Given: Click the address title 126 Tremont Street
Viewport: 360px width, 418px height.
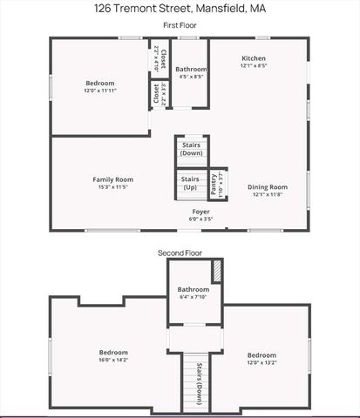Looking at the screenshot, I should pyautogui.click(x=180, y=9).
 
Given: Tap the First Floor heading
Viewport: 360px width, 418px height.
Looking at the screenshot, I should pyautogui.click(x=180, y=26).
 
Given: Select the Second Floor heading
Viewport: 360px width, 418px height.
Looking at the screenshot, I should pyautogui.click(x=180, y=253).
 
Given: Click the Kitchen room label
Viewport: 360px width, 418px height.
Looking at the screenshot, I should pyautogui.click(x=254, y=58).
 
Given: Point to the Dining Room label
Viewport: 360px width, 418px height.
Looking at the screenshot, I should pyautogui.click(x=267, y=186).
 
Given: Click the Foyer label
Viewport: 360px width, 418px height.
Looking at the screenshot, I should pyautogui.click(x=201, y=211).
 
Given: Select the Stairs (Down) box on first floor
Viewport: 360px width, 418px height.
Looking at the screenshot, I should pyautogui.click(x=192, y=149).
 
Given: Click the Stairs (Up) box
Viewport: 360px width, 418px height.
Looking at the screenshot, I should pyautogui.click(x=190, y=183).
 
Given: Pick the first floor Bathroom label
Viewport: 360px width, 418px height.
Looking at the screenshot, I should pyautogui.click(x=191, y=70).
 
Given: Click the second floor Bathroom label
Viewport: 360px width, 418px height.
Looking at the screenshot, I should pyautogui.click(x=194, y=289).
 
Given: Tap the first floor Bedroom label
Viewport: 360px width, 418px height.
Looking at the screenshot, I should pyautogui.click(x=99, y=84).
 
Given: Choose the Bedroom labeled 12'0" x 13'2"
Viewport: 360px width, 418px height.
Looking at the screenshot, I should pyautogui.click(x=262, y=355).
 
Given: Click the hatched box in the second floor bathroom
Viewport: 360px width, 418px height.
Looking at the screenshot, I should pyautogui.click(x=217, y=272).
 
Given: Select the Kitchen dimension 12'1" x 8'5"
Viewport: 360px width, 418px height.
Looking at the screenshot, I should pyautogui.click(x=254, y=65).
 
